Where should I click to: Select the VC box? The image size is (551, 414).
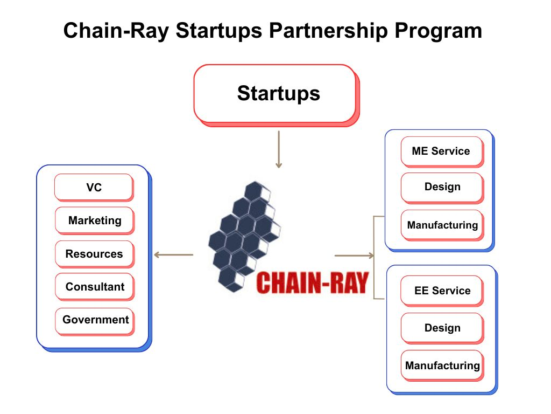tap(94, 188)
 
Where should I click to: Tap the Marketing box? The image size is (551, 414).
tap(94, 220)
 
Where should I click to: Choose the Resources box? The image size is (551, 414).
tap(94, 254)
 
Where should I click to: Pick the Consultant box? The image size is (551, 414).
tap(94, 287)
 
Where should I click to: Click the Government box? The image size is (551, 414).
tap(95, 320)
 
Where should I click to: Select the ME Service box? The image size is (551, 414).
tap(441, 151)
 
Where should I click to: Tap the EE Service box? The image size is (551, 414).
tap(441, 291)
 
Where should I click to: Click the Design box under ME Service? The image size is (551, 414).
tap(442, 187)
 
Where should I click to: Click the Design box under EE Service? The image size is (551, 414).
tap(442, 328)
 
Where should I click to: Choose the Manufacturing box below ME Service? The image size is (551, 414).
tap(442, 225)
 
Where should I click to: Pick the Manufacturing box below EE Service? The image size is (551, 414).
tap(442, 365)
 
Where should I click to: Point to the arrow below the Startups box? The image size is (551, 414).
tap(278, 149)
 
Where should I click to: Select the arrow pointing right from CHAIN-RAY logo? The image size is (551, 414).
tap(354, 255)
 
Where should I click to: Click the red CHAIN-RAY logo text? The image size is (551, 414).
tap(312, 282)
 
